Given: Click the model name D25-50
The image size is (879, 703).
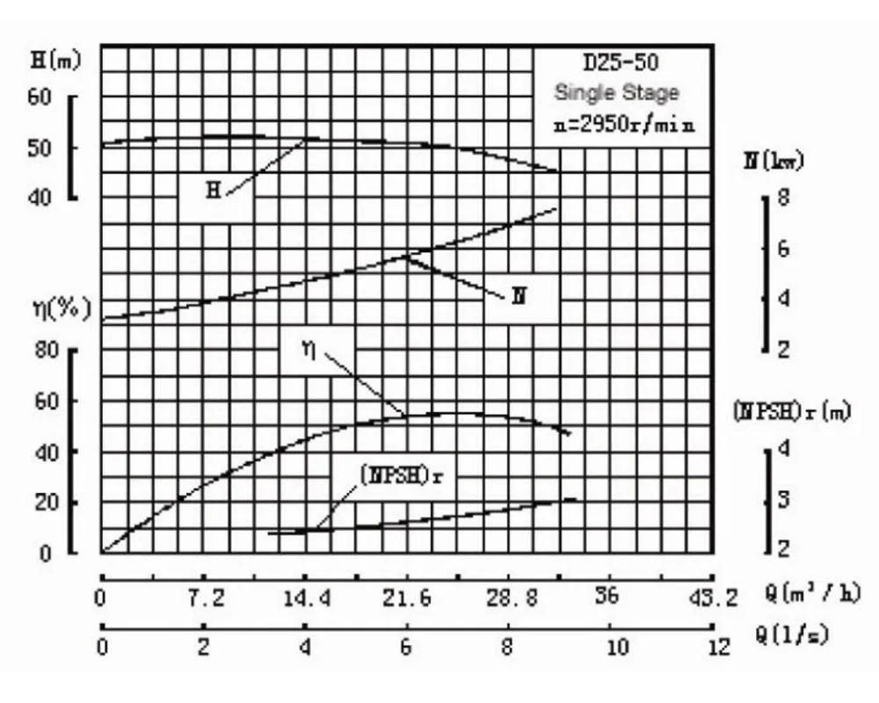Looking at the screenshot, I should tap(621, 62).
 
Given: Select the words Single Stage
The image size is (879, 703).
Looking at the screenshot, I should tap(616, 92).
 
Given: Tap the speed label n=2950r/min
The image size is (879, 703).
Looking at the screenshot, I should tap(624, 124).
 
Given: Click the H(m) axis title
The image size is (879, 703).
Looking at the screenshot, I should tap(55, 61).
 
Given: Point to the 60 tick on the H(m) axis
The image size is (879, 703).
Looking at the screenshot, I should tap(40, 96).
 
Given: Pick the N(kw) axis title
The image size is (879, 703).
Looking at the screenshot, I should tap(774, 161).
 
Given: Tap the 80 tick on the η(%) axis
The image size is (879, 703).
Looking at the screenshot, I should tap(46, 351).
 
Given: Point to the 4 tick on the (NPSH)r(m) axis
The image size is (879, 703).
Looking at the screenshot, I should tap(783, 449).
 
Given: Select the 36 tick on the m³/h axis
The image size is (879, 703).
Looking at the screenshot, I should tap(607, 597).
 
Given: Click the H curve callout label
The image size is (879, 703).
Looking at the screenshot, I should tap(213, 189).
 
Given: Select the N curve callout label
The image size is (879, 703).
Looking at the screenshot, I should tap(519, 295).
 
